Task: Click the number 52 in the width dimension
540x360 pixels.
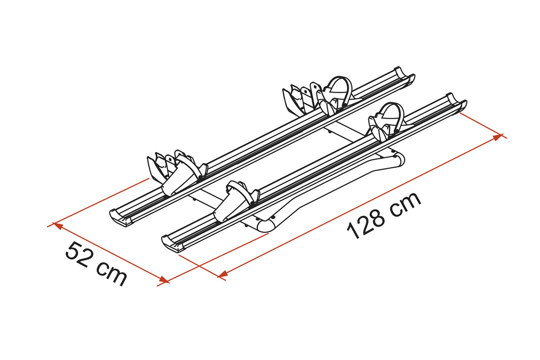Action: [77, 255]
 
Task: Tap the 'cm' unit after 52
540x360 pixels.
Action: [112, 274]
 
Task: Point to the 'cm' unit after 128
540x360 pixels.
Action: [405, 203]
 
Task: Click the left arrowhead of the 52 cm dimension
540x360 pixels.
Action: [58, 226]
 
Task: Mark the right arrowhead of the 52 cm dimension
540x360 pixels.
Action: [164, 280]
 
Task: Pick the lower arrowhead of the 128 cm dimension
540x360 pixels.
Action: [223, 274]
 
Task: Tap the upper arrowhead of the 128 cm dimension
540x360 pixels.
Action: [498, 137]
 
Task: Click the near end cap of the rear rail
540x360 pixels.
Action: [121, 218]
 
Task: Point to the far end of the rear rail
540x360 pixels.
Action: [405, 75]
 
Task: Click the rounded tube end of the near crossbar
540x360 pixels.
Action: [266, 226]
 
